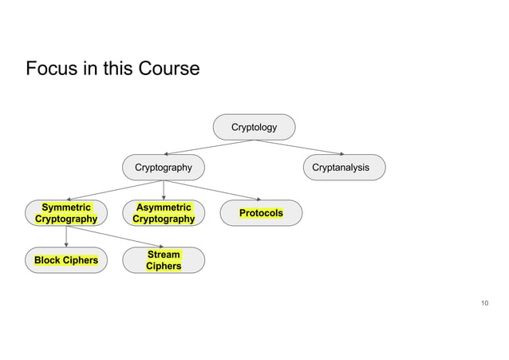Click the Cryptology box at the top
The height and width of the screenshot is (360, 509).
[254, 127]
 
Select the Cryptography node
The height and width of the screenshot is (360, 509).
[163, 168]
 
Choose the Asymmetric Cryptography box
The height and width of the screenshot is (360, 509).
[163, 213]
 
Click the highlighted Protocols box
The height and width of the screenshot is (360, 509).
[261, 213]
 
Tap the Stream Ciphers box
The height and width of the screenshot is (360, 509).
[163, 260]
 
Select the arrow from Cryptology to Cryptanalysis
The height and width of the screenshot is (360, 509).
[299, 147]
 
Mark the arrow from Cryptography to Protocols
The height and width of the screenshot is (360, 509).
[211, 190]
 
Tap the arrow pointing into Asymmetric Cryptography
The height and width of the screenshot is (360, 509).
[163, 190]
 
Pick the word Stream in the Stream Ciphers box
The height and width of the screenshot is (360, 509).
[163, 255]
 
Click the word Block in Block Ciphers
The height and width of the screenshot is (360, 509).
[48, 260]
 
